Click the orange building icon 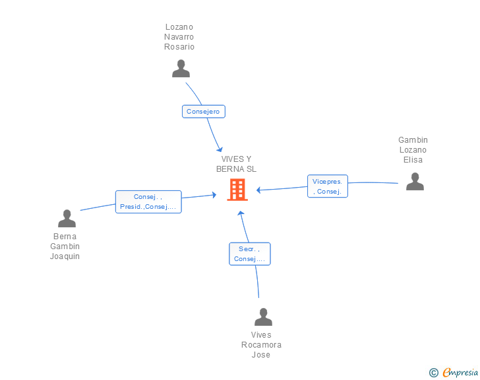(x=237, y=190)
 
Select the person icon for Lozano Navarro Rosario (x=181, y=69)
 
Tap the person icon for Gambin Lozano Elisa (x=415, y=181)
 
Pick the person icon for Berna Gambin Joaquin (x=67, y=218)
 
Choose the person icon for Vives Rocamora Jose (x=263, y=317)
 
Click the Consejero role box (x=204, y=112)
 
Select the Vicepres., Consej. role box (x=328, y=186)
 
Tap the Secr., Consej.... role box (x=250, y=254)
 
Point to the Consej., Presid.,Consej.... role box (x=148, y=202)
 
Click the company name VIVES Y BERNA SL (x=236, y=164)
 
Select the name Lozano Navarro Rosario (x=179, y=37)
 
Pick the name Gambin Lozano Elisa (x=413, y=150)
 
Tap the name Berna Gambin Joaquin (x=65, y=246)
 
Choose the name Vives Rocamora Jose (x=261, y=345)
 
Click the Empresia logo (x=460, y=372)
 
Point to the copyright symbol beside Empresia (x=434, y=373)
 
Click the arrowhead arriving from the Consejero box (x=220, y=150)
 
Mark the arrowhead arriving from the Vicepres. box (x=258, y=190)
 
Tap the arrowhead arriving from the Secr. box (x=241, y=213)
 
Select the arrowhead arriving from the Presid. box (x=214, y=194)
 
